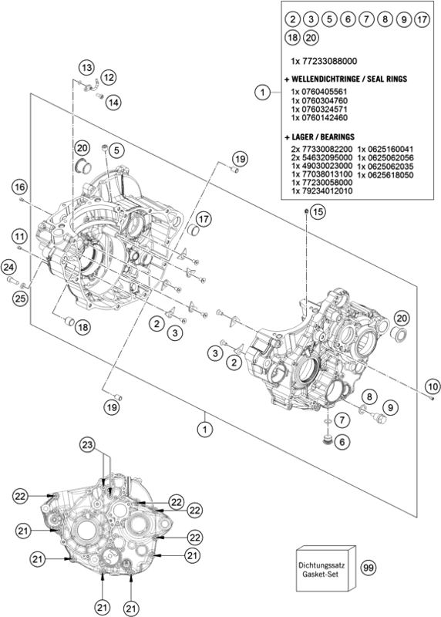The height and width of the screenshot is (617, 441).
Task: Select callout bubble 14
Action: [113, 102]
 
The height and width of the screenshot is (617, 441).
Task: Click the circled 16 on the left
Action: [19, 187]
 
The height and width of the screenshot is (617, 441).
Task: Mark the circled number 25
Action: [19, 298]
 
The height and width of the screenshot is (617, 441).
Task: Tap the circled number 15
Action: [318, 211]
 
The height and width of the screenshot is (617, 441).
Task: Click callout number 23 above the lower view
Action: [88, 445]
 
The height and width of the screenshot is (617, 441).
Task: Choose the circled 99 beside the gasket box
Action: [368, 568]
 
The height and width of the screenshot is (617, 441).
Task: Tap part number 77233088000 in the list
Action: [323, 60]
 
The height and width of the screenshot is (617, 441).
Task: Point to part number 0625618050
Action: [386, 176]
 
